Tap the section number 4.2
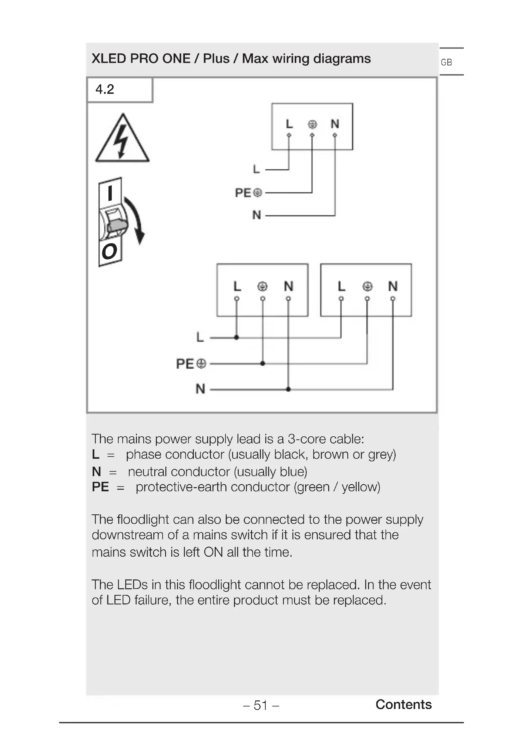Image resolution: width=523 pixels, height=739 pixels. point(105,89)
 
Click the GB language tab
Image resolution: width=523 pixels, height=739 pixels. point(446,62)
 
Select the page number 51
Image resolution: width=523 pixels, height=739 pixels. point(261,705)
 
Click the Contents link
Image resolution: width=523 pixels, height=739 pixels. point(403,704)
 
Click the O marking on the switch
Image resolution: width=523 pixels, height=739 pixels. point(109,251)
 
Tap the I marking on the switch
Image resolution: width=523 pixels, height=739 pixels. point(110,193)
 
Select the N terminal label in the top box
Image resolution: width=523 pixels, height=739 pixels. point(335,124)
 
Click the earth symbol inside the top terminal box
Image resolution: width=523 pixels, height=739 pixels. point(312,124)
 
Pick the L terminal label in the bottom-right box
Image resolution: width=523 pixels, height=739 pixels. point(341,286)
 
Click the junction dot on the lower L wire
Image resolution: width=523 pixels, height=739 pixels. point(237,337)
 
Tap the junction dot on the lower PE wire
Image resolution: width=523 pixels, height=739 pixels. point(263,363)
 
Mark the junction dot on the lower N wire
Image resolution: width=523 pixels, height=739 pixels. point(288,389)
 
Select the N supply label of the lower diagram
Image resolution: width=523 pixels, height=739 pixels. point(200,389)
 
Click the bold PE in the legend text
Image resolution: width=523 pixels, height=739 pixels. point(100,487)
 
